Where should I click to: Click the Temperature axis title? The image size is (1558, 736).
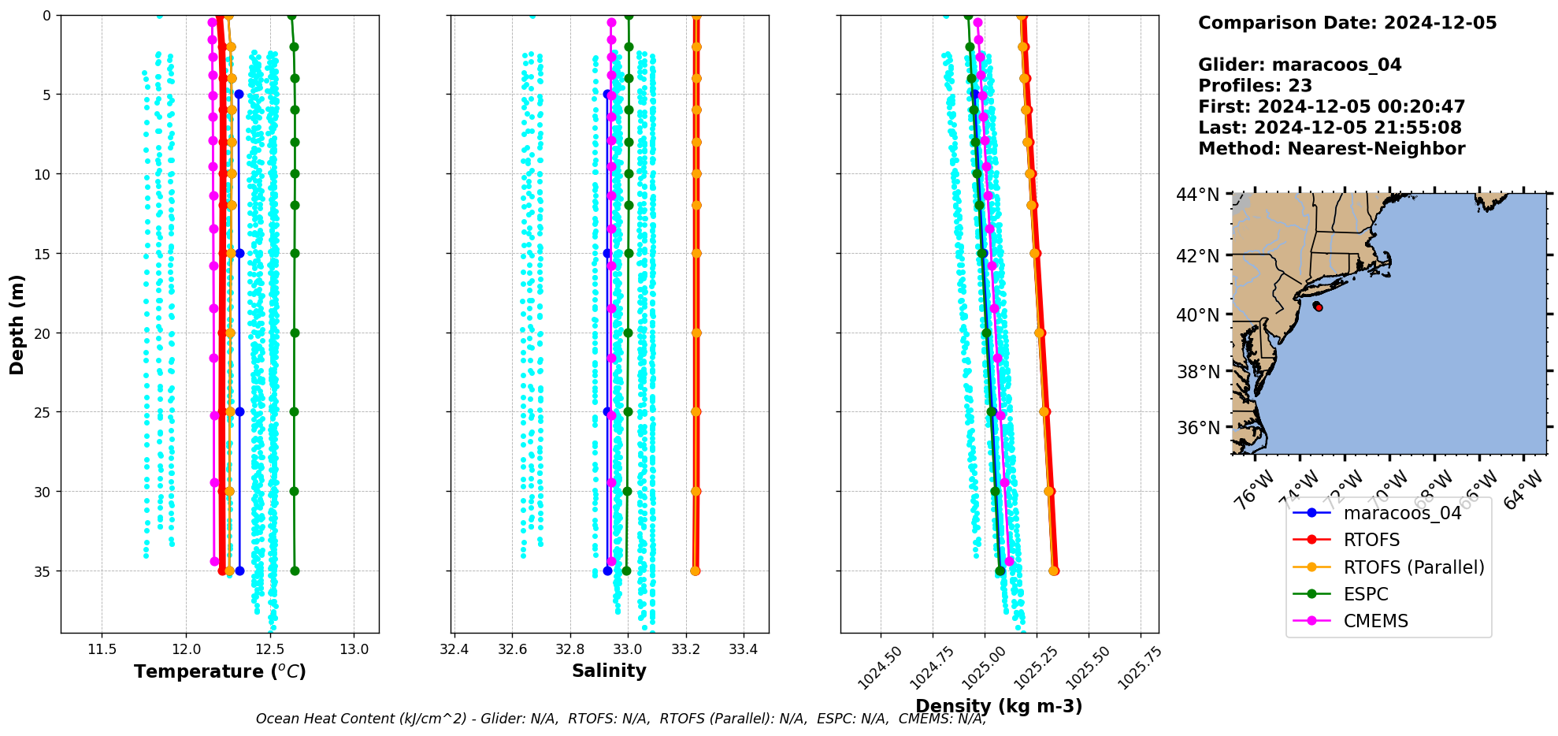(x=220, y=671)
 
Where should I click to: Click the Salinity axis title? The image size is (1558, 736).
(x=609, y=671)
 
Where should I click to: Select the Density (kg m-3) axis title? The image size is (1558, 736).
(x=999, y=706)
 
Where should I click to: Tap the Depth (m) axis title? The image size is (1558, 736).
(x=17, y=324)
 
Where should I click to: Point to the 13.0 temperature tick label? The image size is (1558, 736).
(x=354, y=649)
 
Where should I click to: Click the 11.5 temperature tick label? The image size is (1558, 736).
(x=102, y=649)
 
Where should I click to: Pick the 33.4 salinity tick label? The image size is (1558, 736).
(x=743, y=649)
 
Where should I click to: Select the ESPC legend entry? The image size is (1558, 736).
(x=1366, y=594)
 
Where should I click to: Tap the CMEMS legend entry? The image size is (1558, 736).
(x=1375, y=621)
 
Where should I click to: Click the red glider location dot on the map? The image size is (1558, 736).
(x=1319, y=307)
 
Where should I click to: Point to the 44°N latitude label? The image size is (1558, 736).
(x=1197, y=194)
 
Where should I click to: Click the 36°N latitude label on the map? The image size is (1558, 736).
(x=1197, y=428)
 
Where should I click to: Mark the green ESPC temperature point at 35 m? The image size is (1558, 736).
(x=295, y=571)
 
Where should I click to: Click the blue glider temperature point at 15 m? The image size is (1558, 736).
(x=239, y=253)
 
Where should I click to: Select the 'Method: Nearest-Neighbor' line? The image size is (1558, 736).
(x=1331, y=149)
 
